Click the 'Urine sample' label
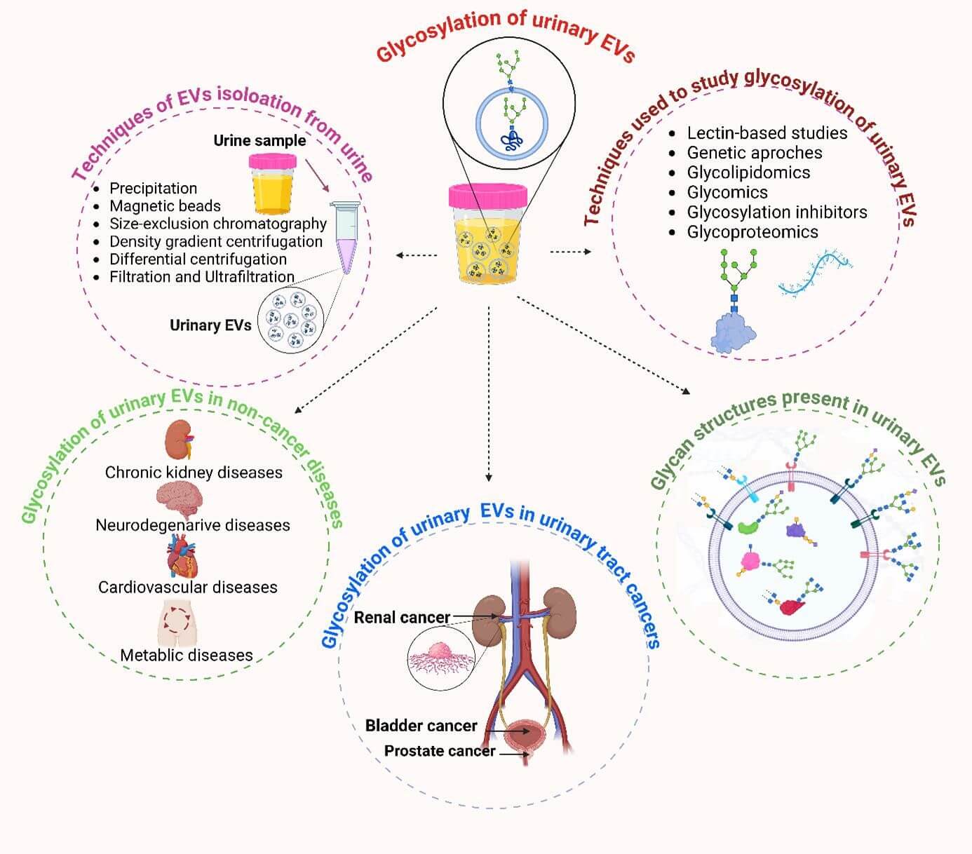coord(259,140)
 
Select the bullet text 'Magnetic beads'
coord(165,206)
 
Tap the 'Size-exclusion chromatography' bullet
coord(217,224)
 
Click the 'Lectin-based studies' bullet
coord(767,133)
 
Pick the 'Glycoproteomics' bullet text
coord(752,232)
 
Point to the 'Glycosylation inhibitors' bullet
coord(776,212)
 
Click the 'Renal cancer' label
coord(402,618)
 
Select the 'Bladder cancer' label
coord(421,726)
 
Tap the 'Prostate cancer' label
coord(440,752)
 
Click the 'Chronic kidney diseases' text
coord(194,473)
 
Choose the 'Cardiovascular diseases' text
coord(187,588)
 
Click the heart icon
coord(182,556)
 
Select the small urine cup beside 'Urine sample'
coord(272,184)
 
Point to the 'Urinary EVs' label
coord(210,325)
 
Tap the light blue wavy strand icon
coord(815,274)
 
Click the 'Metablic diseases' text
coord(187,656)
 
